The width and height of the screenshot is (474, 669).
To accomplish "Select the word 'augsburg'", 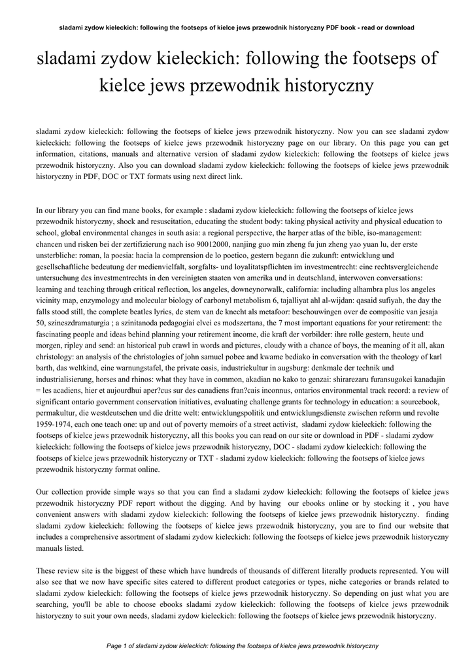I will (x=281, y=367).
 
